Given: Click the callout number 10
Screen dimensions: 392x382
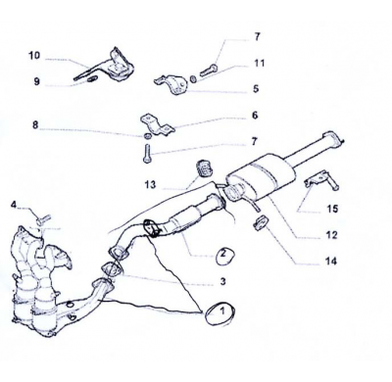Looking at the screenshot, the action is click(x=34, y=56).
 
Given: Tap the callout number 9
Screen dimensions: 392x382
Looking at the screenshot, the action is click(x=36, y=81).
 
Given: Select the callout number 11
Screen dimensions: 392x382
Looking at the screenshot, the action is click(x=259, y=63).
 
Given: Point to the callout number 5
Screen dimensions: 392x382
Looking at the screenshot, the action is click(x=256, y=88).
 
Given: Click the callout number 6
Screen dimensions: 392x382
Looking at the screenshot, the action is click(x=255, y=116).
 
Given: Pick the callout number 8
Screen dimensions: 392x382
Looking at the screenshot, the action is click(x=35, y=125).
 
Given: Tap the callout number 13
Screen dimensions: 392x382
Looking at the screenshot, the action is click(x=151, y=185).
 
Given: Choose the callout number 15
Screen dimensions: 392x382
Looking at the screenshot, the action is click(x=332, y=209).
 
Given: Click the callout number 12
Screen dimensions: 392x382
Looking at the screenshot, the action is click(x=331, y=235).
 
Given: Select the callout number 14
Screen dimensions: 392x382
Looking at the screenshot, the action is click(x=331, y=262).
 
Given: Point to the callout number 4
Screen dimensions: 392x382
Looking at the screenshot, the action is click(x=13, y=205).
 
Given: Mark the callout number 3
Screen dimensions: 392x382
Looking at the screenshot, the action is click(x=222, y=281).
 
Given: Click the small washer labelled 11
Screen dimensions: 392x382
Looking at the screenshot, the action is click(x=193, y=79).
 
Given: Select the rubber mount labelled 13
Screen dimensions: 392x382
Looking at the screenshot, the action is click(x=204, y=169).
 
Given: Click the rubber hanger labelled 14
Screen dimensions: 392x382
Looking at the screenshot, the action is click(x=261, y=223).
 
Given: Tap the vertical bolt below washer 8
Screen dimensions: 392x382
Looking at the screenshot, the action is click(x=146, y=154).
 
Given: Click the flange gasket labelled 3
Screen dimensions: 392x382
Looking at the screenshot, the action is click(x=112, y=269).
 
